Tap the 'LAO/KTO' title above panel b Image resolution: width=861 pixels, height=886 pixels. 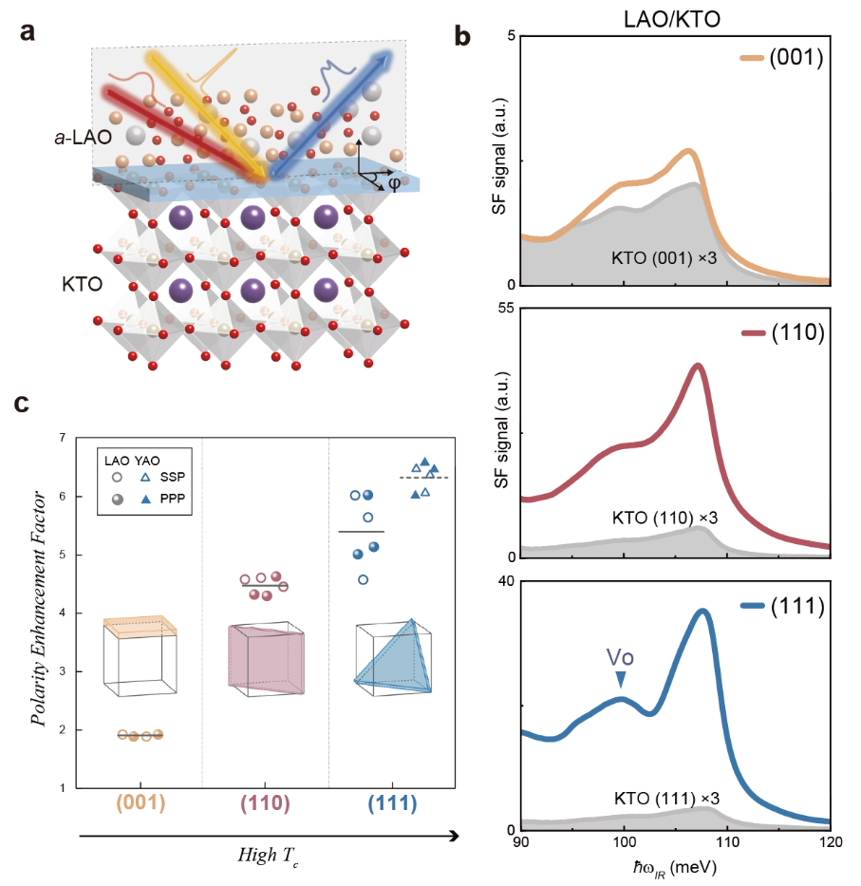[672, 19]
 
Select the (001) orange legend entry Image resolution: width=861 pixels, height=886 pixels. [782, 57]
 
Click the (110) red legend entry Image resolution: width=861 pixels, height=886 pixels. [783, 332]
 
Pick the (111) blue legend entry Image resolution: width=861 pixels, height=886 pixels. [782, 606]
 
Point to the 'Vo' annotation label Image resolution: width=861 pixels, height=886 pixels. [620, 657]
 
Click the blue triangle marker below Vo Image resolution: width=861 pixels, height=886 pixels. [621, 679]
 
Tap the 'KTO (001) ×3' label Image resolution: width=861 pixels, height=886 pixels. [664, 258]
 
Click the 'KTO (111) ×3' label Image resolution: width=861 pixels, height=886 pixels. [666, 799]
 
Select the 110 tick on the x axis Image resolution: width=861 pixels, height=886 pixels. [728, 842]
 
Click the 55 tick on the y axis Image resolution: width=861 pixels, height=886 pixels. [506, 309]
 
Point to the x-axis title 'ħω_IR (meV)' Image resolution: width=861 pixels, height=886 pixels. [675, 868]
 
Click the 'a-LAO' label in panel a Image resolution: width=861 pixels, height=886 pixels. [83, 138]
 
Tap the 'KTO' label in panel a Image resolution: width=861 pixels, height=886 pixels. [82, 284]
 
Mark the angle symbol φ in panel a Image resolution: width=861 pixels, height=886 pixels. [394, 183]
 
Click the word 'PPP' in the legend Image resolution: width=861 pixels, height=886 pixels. [173, 499]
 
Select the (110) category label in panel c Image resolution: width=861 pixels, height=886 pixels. [265, 803]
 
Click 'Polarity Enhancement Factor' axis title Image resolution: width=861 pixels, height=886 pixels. [38, 608]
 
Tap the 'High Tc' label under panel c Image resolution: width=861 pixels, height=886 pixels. [268, 856]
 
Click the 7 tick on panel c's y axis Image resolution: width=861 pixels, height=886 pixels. [63, 438]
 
